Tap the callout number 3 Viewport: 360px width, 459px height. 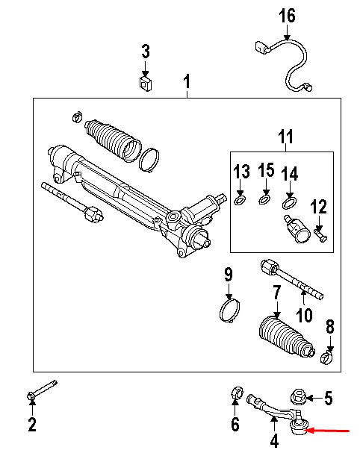(146, 51)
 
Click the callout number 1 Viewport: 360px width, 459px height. (187, 80)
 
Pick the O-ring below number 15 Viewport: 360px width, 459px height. (264, 199)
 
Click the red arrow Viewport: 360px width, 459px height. (333, 431)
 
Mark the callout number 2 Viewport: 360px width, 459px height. (31, 425)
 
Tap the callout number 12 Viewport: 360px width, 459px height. (319, 205)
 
